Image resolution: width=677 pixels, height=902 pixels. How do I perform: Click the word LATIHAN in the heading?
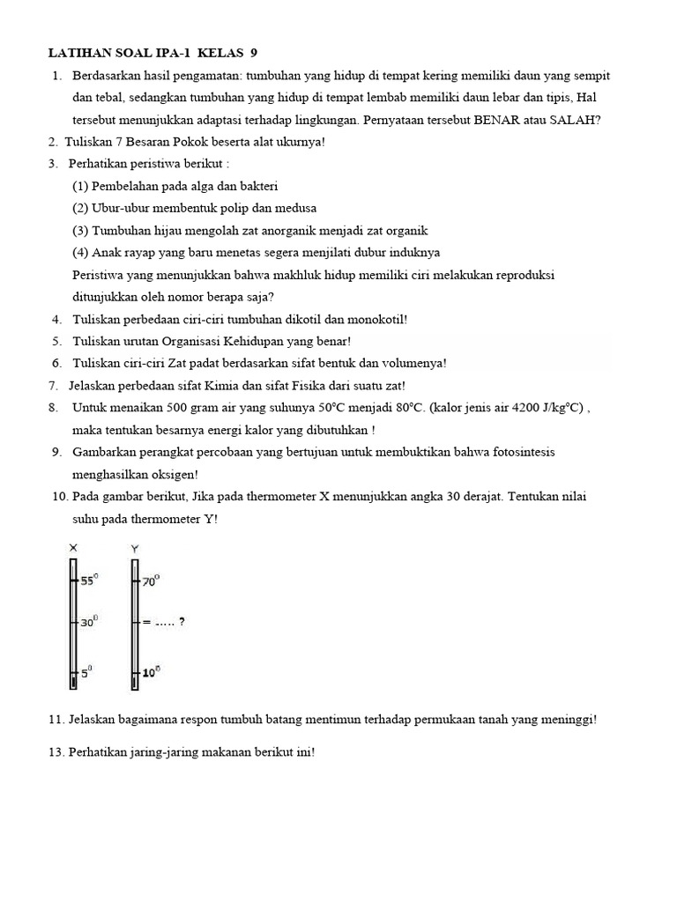(78, 53)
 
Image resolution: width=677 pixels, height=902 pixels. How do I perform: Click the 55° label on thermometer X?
(90, 580)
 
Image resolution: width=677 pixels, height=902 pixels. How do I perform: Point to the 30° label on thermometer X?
(90, 622)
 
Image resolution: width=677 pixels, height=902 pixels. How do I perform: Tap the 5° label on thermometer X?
(87, 671)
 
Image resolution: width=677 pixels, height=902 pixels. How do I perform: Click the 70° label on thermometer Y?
(151, 580)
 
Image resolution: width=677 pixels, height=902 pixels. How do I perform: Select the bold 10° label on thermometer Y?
(151, 672)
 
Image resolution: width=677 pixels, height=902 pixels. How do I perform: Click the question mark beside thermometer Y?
(182, 622)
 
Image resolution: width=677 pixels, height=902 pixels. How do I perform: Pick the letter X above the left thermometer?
(73, 549)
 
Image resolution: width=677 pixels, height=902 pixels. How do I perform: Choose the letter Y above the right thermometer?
(135, 549)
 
